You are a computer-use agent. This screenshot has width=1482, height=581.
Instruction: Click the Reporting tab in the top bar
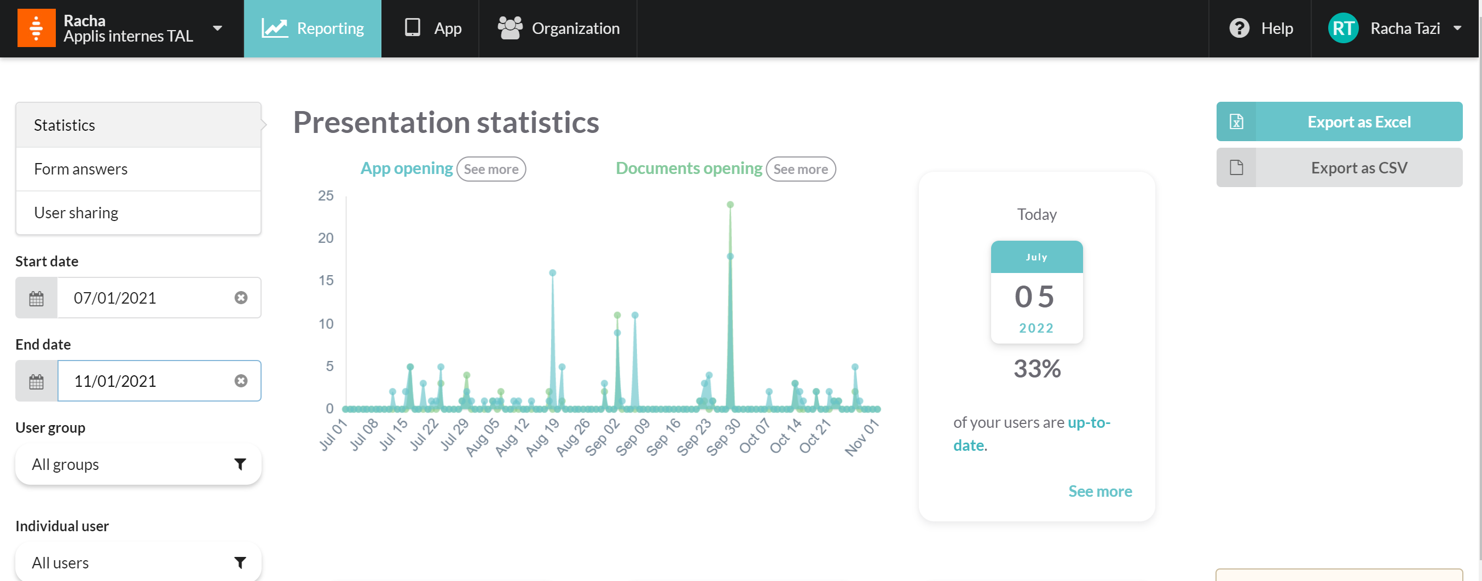[x=312, y=28]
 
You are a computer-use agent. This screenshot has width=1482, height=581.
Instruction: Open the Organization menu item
[x=558, y=28]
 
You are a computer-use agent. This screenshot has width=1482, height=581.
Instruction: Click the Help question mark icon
[x=1238, y=28]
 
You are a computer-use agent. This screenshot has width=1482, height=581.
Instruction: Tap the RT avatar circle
[x=1343, y=28]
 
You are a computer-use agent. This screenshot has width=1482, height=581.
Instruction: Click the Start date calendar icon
[x=36, y=298]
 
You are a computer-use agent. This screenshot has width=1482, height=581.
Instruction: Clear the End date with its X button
[x=241, y=381]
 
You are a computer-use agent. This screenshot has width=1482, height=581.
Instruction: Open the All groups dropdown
[x=138, y=464]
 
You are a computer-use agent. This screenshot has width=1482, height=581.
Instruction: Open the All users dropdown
[x=138, y=562]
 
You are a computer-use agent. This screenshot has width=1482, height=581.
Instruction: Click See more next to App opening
[x=491, y=169]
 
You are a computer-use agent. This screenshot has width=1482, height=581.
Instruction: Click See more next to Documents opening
[x=800, y=169]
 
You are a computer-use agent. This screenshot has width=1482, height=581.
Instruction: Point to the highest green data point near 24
[x=730, y=205]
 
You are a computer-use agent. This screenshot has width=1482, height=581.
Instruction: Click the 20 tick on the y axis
[x=326, y=238]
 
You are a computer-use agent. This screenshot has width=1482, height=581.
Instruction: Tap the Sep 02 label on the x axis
[x=603, y=437]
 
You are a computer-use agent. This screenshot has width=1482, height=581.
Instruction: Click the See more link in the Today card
[x=1100, y=491]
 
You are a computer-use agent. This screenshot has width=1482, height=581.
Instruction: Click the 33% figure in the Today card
[x=1037, y=369]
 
